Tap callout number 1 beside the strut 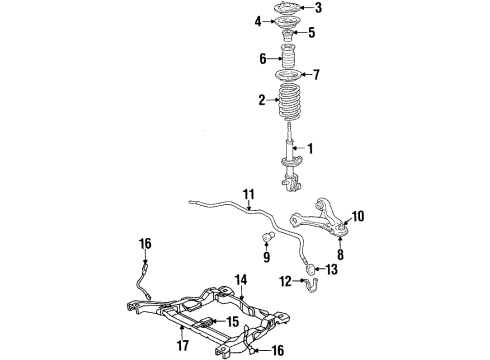point(309,149)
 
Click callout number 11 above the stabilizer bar point(248,193)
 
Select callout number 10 point(358,215)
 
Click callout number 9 point(267,256)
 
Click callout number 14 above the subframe point(240,280)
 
